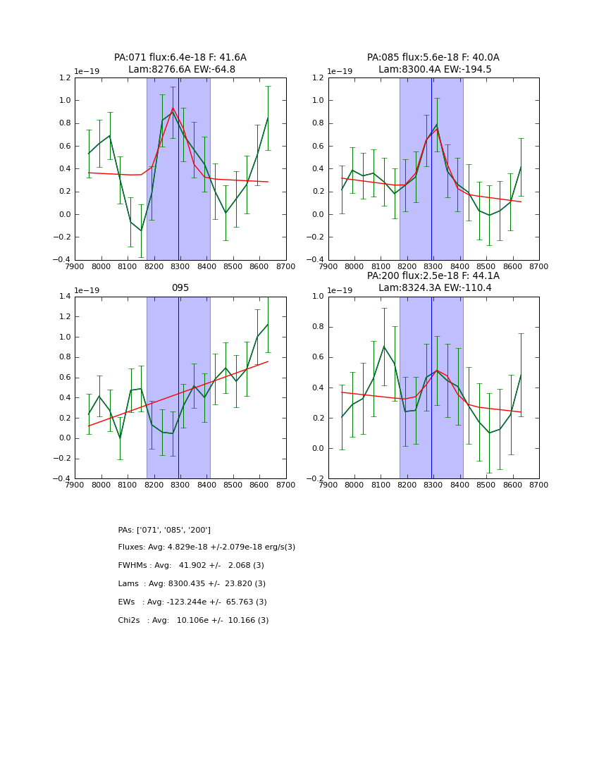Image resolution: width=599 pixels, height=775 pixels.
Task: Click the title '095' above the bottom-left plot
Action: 180,288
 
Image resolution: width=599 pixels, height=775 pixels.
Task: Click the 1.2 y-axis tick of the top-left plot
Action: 65,78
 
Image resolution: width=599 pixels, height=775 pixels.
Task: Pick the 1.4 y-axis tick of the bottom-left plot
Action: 65,297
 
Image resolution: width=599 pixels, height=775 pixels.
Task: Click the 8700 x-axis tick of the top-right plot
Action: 539,266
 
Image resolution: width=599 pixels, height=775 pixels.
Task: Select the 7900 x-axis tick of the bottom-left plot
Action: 75,485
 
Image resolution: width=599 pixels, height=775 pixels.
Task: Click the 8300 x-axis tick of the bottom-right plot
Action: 433,485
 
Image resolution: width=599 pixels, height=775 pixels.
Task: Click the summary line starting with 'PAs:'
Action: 164,531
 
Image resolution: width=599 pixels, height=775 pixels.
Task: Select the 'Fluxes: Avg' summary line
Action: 206,547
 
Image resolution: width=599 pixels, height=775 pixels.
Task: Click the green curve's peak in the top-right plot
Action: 437,125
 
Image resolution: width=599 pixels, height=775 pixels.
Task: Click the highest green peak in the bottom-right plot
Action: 384,346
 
